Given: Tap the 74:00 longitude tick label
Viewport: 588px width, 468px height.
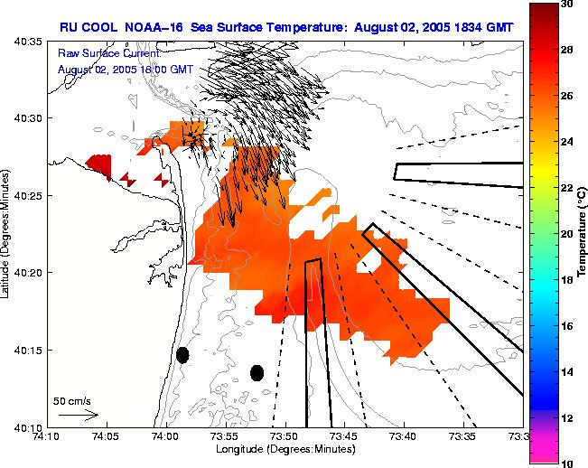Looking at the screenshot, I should (165, 436).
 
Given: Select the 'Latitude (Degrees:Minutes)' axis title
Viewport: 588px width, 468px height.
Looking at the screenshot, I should (7, 235).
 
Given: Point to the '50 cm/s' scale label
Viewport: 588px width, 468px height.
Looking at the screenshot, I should (71, 400).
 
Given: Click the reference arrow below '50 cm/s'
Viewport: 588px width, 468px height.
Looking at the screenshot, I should (78, 415).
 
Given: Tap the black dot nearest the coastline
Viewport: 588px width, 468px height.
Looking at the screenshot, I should (182, 355).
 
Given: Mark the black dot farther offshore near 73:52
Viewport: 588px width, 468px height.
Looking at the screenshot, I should (257, 372).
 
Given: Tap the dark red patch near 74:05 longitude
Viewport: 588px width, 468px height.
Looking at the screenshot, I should (99, 165).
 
